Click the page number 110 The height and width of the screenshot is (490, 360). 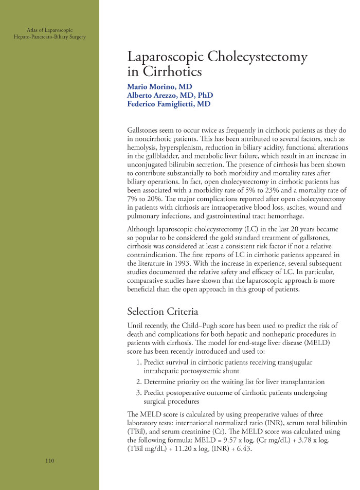click(49, 461)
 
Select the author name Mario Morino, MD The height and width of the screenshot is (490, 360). click(159, 86)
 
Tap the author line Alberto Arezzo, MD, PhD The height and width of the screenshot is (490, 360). click(170, 95)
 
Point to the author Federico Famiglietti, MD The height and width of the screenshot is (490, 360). click(169, 104)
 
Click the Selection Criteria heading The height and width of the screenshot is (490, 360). click(162, 312)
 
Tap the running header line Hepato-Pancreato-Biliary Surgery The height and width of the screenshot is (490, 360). click(50, 37)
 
